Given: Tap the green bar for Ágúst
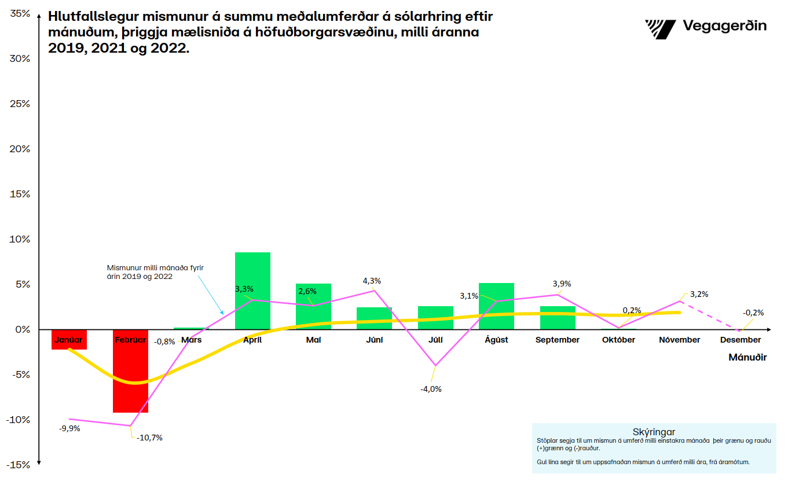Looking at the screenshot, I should point(496,306).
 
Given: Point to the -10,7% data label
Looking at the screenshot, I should point(149,438).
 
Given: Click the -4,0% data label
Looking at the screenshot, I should point(431,389).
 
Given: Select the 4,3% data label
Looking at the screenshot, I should point(372,281).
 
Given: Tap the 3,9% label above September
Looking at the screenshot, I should point(562,284).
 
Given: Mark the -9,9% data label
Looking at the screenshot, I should point(69,429).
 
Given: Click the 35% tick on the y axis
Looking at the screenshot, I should point(20,13).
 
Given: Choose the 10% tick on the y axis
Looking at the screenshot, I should point(20,239).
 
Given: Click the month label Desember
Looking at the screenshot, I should point(741,340).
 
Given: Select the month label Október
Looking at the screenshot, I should point(618,340).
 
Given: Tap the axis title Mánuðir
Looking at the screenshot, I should point(747,357).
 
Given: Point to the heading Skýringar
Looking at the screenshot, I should point(654,432).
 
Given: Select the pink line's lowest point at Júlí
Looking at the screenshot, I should point(435,366).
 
